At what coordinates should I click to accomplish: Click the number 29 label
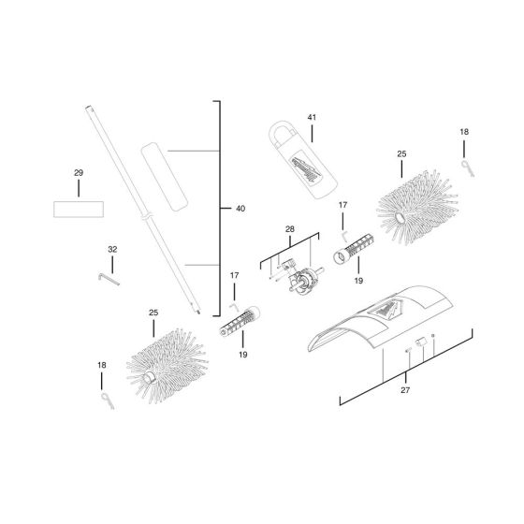pos(79,173)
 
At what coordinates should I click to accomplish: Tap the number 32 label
pos(112,250)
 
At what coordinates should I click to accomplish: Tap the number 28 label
pos(289,229)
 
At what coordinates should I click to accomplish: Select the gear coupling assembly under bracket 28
pos(300,278)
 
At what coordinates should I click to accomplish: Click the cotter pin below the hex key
pos(104,400)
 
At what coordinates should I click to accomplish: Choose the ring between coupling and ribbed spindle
pos(339,256)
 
